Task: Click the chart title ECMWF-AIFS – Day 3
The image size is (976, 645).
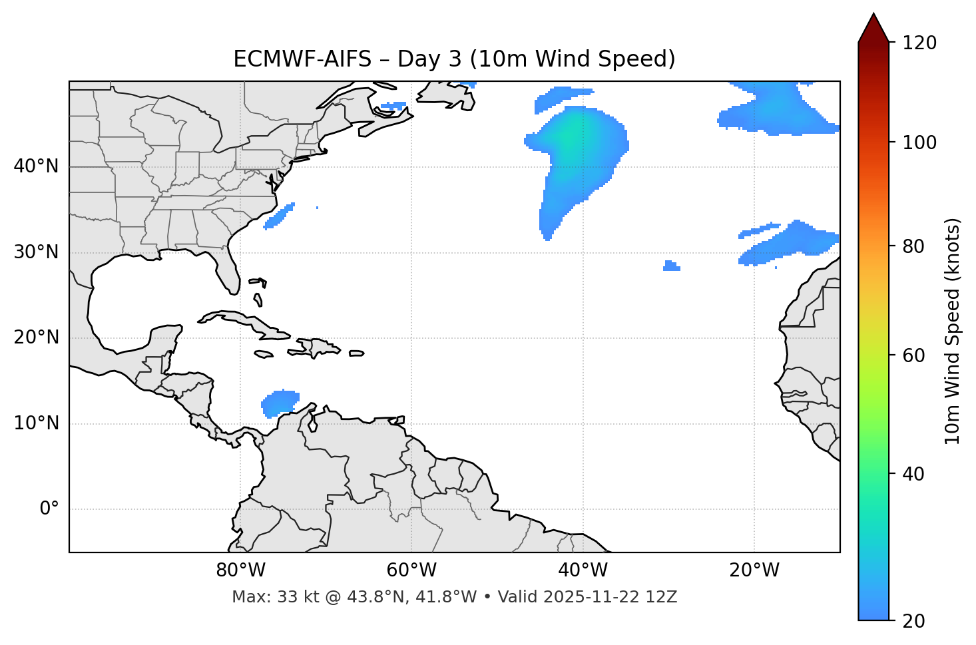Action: click(x=454, y=59)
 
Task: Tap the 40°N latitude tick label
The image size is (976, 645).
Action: click(x=36, y=166)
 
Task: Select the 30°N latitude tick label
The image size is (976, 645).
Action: click(x=36, y=252)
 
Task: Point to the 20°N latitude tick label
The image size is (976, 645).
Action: click(x=36, y=338)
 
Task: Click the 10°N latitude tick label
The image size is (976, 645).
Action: click(x=36, y=423)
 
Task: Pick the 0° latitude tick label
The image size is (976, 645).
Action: click(x=49, y=509)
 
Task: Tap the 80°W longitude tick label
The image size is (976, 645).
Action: click(x=240, y=570)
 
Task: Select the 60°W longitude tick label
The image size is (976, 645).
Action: click(x=411, y=570)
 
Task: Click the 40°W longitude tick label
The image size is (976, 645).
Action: click(x=583, y=570)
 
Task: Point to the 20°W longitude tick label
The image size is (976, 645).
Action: click(x=754, y=570)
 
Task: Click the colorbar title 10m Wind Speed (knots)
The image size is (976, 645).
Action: click(x=953, y=331)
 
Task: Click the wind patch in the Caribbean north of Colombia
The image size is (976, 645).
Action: click(x=280, y=403)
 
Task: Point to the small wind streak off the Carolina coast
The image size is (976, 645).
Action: click(x=279, y=216)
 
